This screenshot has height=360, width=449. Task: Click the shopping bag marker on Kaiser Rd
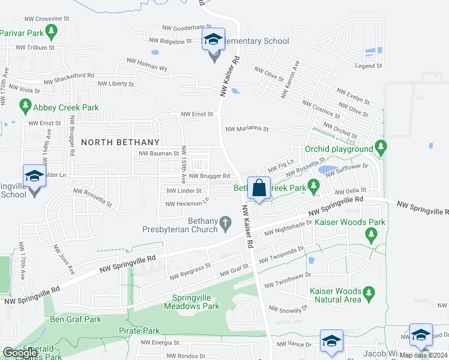(x=259, y=188)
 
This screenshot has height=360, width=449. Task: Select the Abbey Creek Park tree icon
(x=25, y=107)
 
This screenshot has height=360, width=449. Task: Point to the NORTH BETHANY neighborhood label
(x=120, y=142)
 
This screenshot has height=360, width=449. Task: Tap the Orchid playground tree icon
(x=380, y=147)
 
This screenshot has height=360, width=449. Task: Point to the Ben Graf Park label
(x=76, y=319)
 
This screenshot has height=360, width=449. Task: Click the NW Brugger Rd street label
(x=209, y=176)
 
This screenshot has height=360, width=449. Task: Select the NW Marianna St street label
(x=247, y=128)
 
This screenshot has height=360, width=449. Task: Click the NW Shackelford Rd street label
(x=67, y=76)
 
